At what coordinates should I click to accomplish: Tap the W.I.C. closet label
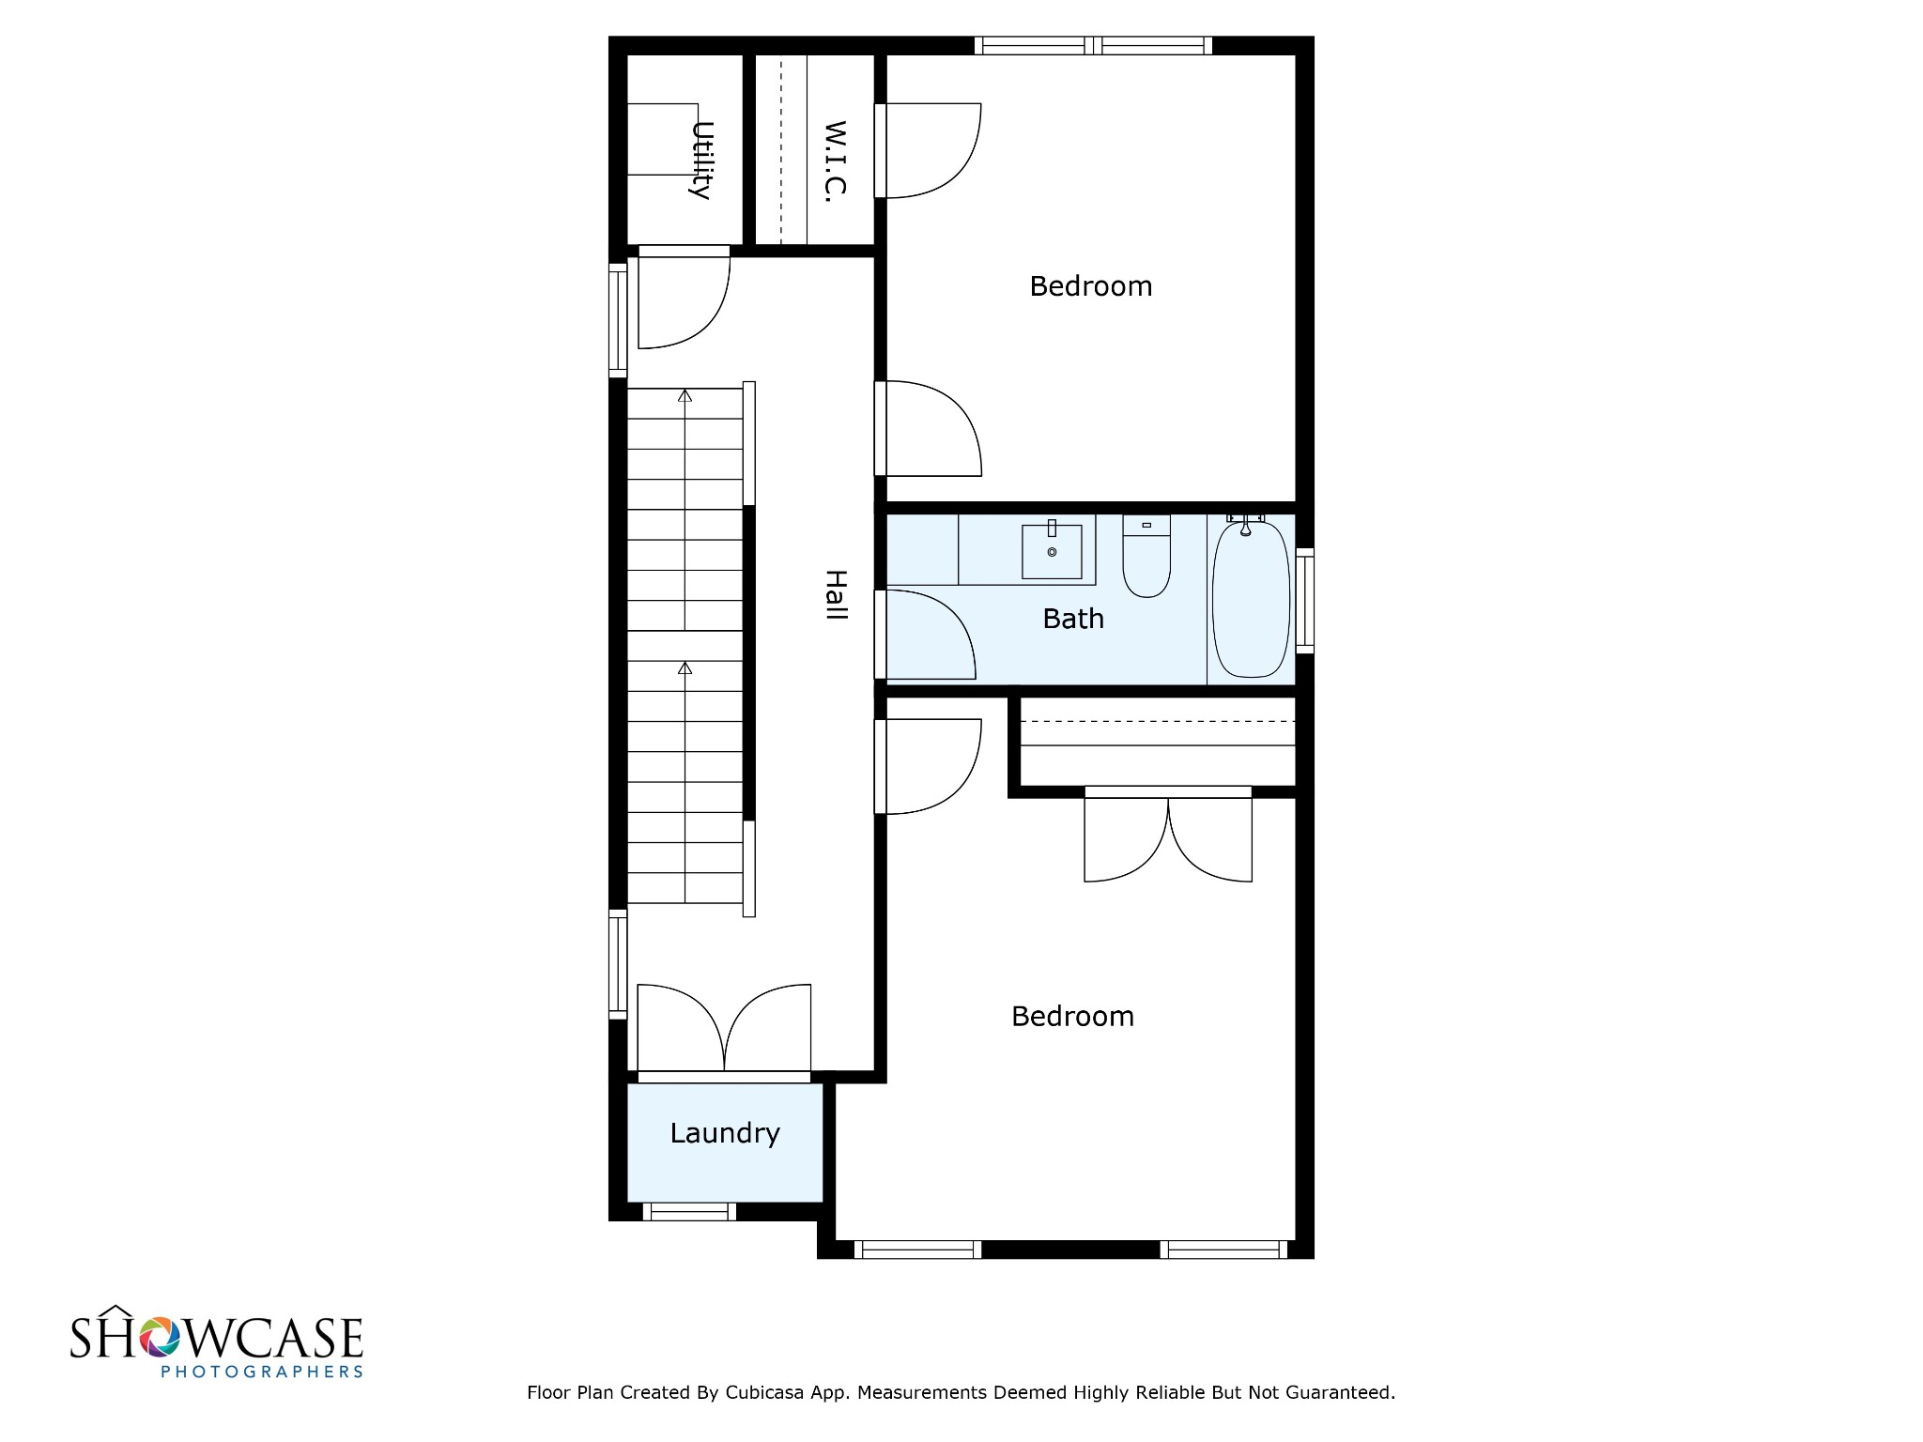pyautogui.click(x=835, y=161)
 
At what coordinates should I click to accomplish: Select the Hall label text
pyautogui.click(x=836, y=595)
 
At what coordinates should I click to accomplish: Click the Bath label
pyautogui.click(x=1073, y=619)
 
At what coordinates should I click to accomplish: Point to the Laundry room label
pyautogui.click(x=725, y=1134)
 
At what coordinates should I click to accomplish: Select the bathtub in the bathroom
pyautogui.click(x=1251, y=598)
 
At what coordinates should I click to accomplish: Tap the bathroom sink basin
pyautogui.click(x=1052, y=551)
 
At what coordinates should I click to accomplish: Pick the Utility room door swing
pyautogui.click(x=685, y=300)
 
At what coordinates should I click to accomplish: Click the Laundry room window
pyautogui.click(x=688, y=1212)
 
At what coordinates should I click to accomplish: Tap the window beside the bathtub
pyautogui.click(x=1304, y=600)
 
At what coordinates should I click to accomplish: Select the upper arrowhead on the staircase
pyautogui.click(x=685, y=396)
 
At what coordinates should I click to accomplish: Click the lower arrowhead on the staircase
pyautogui.click(x=685, y=668)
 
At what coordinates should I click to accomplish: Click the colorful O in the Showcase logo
pyautogui.click(x=158, y=1337)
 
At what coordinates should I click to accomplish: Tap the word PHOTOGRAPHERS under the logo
pyautogui.click(x=262, y=1372)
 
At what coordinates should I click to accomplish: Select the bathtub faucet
pyautogui.click(x=1246, y=524)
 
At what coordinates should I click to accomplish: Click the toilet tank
pyautogui.click(x=1146, y=525)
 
